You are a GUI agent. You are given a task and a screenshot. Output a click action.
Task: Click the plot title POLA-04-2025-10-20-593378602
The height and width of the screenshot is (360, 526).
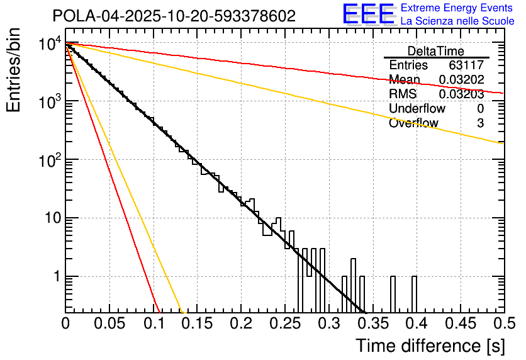(174, 16)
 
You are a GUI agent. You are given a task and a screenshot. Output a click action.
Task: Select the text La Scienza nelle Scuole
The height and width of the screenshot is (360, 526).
(457, 21)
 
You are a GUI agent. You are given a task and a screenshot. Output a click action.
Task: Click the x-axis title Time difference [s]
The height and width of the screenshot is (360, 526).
(429, 346)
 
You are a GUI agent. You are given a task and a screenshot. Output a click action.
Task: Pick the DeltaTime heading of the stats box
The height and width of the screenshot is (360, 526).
(435, 51)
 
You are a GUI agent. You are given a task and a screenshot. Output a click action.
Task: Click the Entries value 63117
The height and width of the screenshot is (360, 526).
(466, 65)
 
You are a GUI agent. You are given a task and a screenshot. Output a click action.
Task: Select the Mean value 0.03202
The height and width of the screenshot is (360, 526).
(461, 80)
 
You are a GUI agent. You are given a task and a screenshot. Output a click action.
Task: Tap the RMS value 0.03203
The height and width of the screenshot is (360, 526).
(461, 94)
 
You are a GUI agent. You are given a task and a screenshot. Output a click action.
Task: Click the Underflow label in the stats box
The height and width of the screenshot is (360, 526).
(413, 109)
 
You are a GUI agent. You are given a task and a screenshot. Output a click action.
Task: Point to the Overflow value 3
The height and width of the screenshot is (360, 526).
(480, 123)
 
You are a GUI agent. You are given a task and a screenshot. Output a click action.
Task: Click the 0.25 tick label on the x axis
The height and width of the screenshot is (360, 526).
(284, 324)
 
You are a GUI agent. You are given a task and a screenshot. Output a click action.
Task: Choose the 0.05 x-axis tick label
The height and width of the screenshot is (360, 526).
(109, 324)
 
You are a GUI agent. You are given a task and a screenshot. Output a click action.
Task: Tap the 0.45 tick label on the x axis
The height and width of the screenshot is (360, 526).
(460, 324)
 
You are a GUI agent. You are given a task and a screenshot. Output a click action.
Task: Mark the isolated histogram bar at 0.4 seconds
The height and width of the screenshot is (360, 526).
(414, 293)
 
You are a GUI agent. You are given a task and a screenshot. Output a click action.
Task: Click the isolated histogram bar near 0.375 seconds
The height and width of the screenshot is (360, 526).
(393, 293)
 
